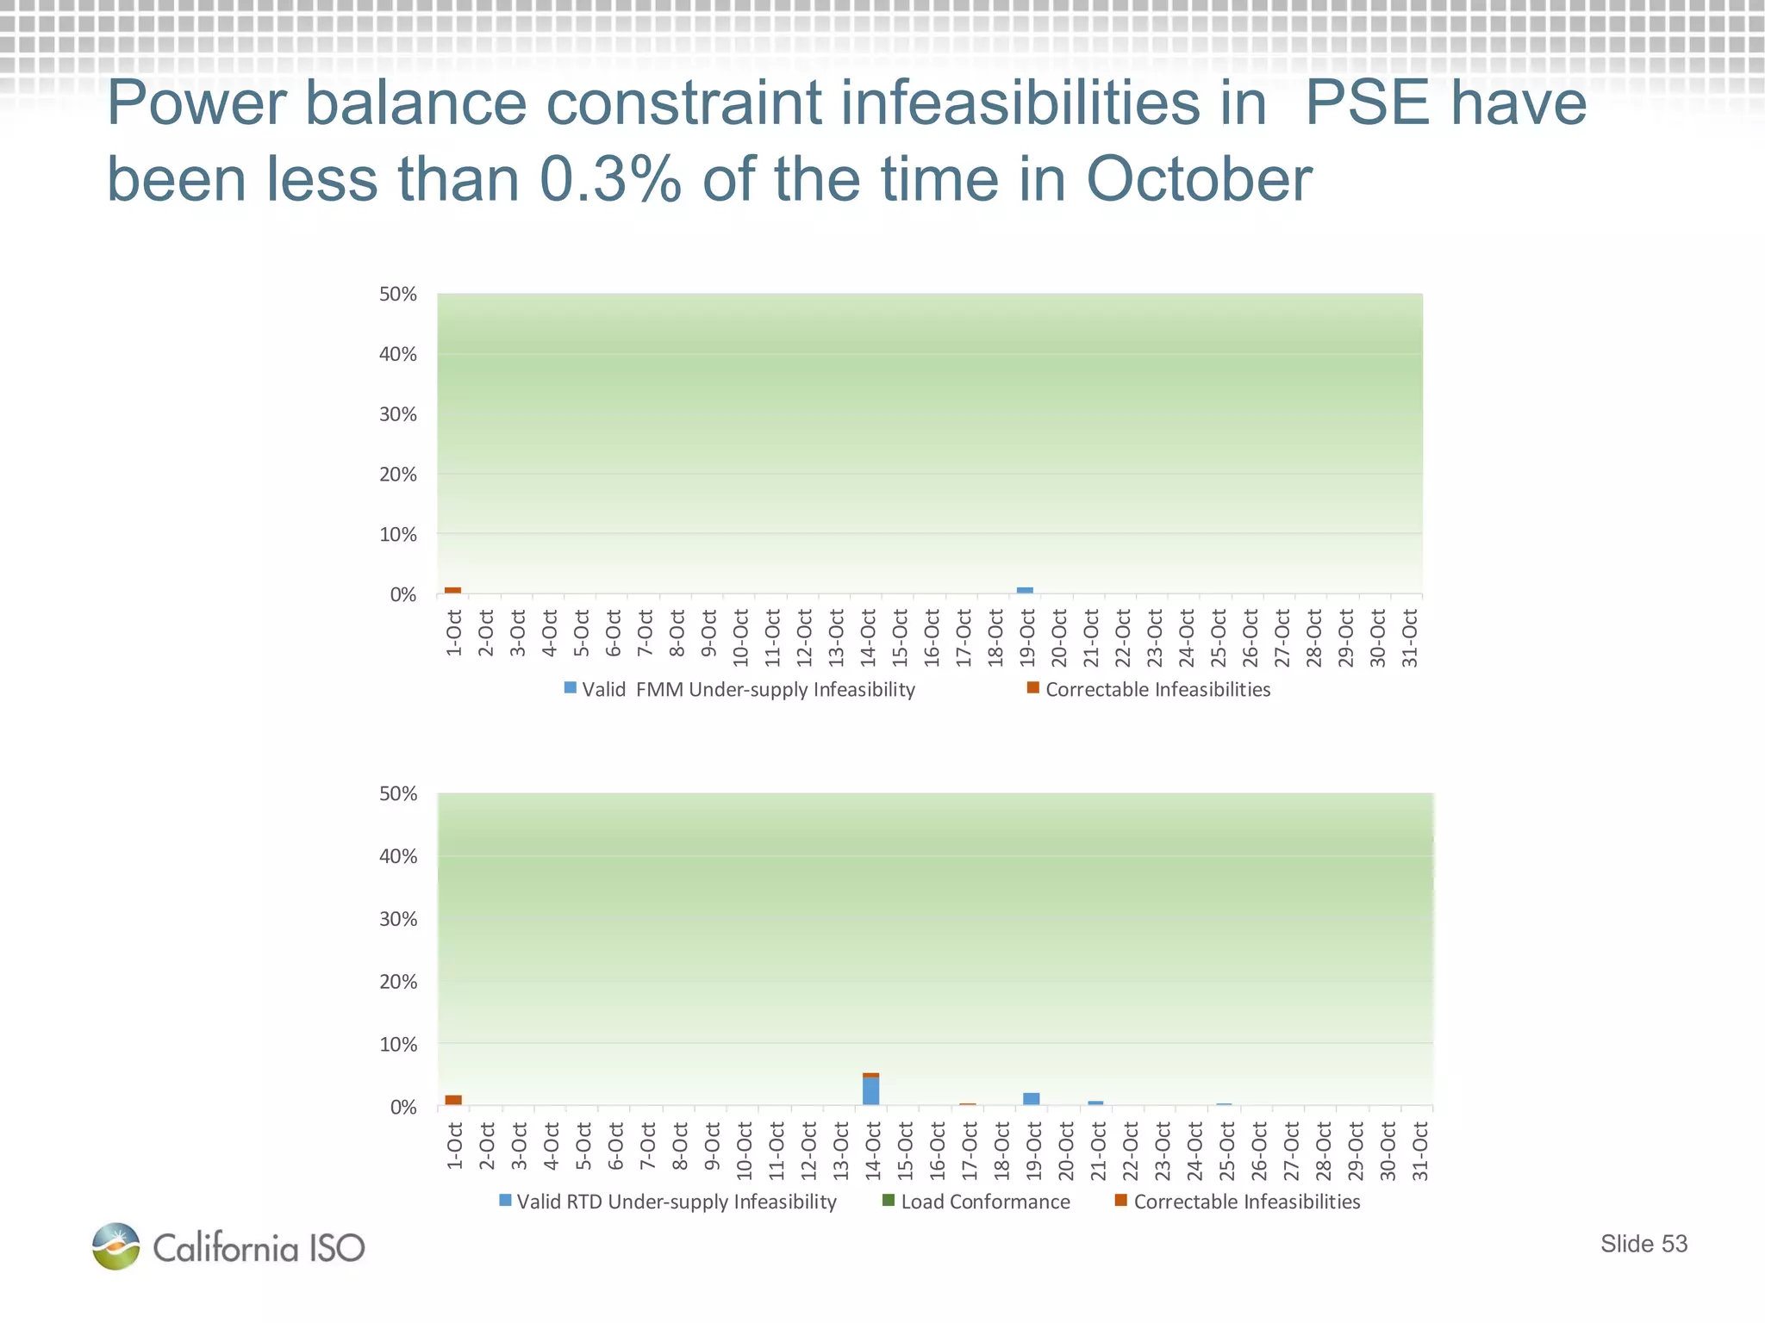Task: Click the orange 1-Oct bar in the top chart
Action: [452, 591]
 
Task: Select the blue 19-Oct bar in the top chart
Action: [1025, 591]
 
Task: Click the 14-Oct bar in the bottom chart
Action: [870, 1090]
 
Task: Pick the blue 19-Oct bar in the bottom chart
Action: [1031, 1099]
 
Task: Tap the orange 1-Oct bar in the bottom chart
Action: [453, 1100]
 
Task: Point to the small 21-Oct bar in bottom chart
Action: [1095, 1103]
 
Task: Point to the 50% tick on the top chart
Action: [398, 295]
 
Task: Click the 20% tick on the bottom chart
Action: [398, 982]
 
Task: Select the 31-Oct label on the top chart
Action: [1410, 638]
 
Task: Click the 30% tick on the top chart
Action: [398, 414]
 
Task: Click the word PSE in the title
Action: [1364, 103]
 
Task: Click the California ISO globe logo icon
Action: [116, 1246]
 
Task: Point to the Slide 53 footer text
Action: [1643, 1244]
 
